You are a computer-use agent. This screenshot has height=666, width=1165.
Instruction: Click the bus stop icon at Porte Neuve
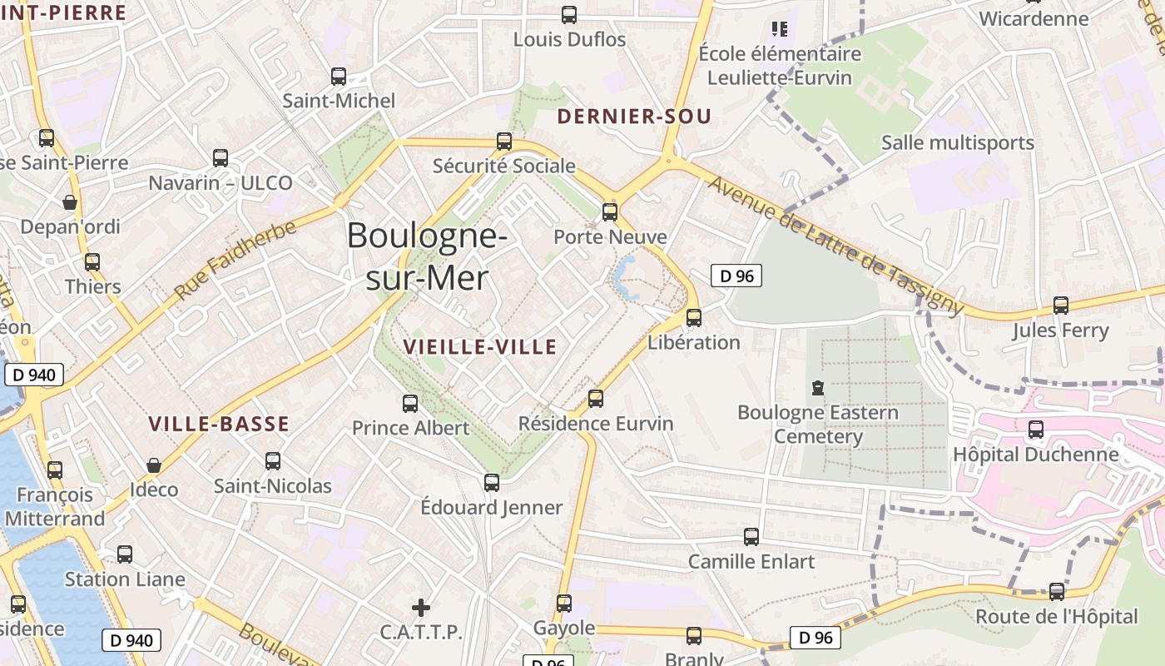[610, 211]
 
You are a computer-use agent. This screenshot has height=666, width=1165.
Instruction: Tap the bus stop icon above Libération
[694, 317]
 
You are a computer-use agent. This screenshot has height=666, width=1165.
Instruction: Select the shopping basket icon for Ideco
[153, 465]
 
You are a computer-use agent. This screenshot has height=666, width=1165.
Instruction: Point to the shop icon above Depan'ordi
[70, 202]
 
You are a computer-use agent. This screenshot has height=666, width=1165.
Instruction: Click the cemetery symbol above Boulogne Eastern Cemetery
[818, 387]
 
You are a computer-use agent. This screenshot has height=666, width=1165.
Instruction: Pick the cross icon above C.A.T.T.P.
[421, 608]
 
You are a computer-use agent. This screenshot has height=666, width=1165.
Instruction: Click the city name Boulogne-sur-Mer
[427, 256]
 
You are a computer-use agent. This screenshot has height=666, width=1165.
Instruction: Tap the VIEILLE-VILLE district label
[479, 347]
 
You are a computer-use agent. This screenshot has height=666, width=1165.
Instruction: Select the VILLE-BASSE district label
[219, 424]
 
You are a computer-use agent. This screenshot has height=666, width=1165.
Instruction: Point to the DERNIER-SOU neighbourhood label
[634, 117]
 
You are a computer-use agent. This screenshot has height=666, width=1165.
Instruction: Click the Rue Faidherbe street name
[235, 261]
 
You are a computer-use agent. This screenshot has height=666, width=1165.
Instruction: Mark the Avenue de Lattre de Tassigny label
[835, 246]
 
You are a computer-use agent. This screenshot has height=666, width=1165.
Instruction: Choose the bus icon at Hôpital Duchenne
[1036, 430]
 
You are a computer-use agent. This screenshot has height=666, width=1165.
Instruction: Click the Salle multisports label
[957, 142]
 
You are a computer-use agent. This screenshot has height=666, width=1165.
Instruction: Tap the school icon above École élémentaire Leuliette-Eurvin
[780, 30]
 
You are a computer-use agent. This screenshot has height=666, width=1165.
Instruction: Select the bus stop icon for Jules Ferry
[1061, 306]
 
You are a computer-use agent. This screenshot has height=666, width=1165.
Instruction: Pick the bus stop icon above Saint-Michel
[339, 77]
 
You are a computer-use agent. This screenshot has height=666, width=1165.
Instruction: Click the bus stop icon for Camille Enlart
[751, 537]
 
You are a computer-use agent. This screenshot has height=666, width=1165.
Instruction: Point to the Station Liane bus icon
[125, 554]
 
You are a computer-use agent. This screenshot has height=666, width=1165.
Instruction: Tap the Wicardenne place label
[1034, 18]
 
